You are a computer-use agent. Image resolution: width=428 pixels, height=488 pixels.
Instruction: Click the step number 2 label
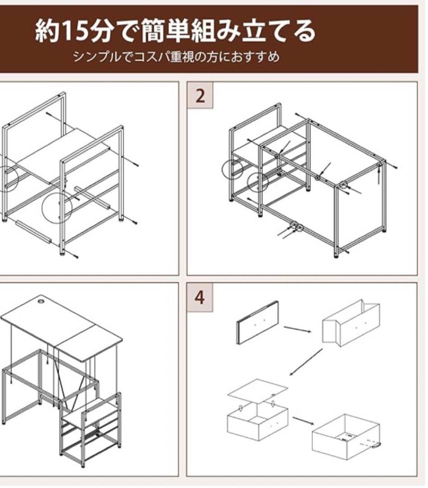pos(200,95)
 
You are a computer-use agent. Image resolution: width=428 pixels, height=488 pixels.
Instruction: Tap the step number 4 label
pos(200,297)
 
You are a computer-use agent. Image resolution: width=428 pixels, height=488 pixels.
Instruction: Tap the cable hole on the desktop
pos(41,301)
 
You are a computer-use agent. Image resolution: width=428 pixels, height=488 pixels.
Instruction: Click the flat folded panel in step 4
pos(258,323)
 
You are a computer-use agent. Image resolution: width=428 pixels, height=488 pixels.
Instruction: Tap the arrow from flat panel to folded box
pos(298,329)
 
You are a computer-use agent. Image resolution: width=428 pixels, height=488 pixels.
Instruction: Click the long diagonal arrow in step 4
pos(306,362)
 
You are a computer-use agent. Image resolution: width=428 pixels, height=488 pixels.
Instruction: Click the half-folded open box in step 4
pos(351,323)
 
